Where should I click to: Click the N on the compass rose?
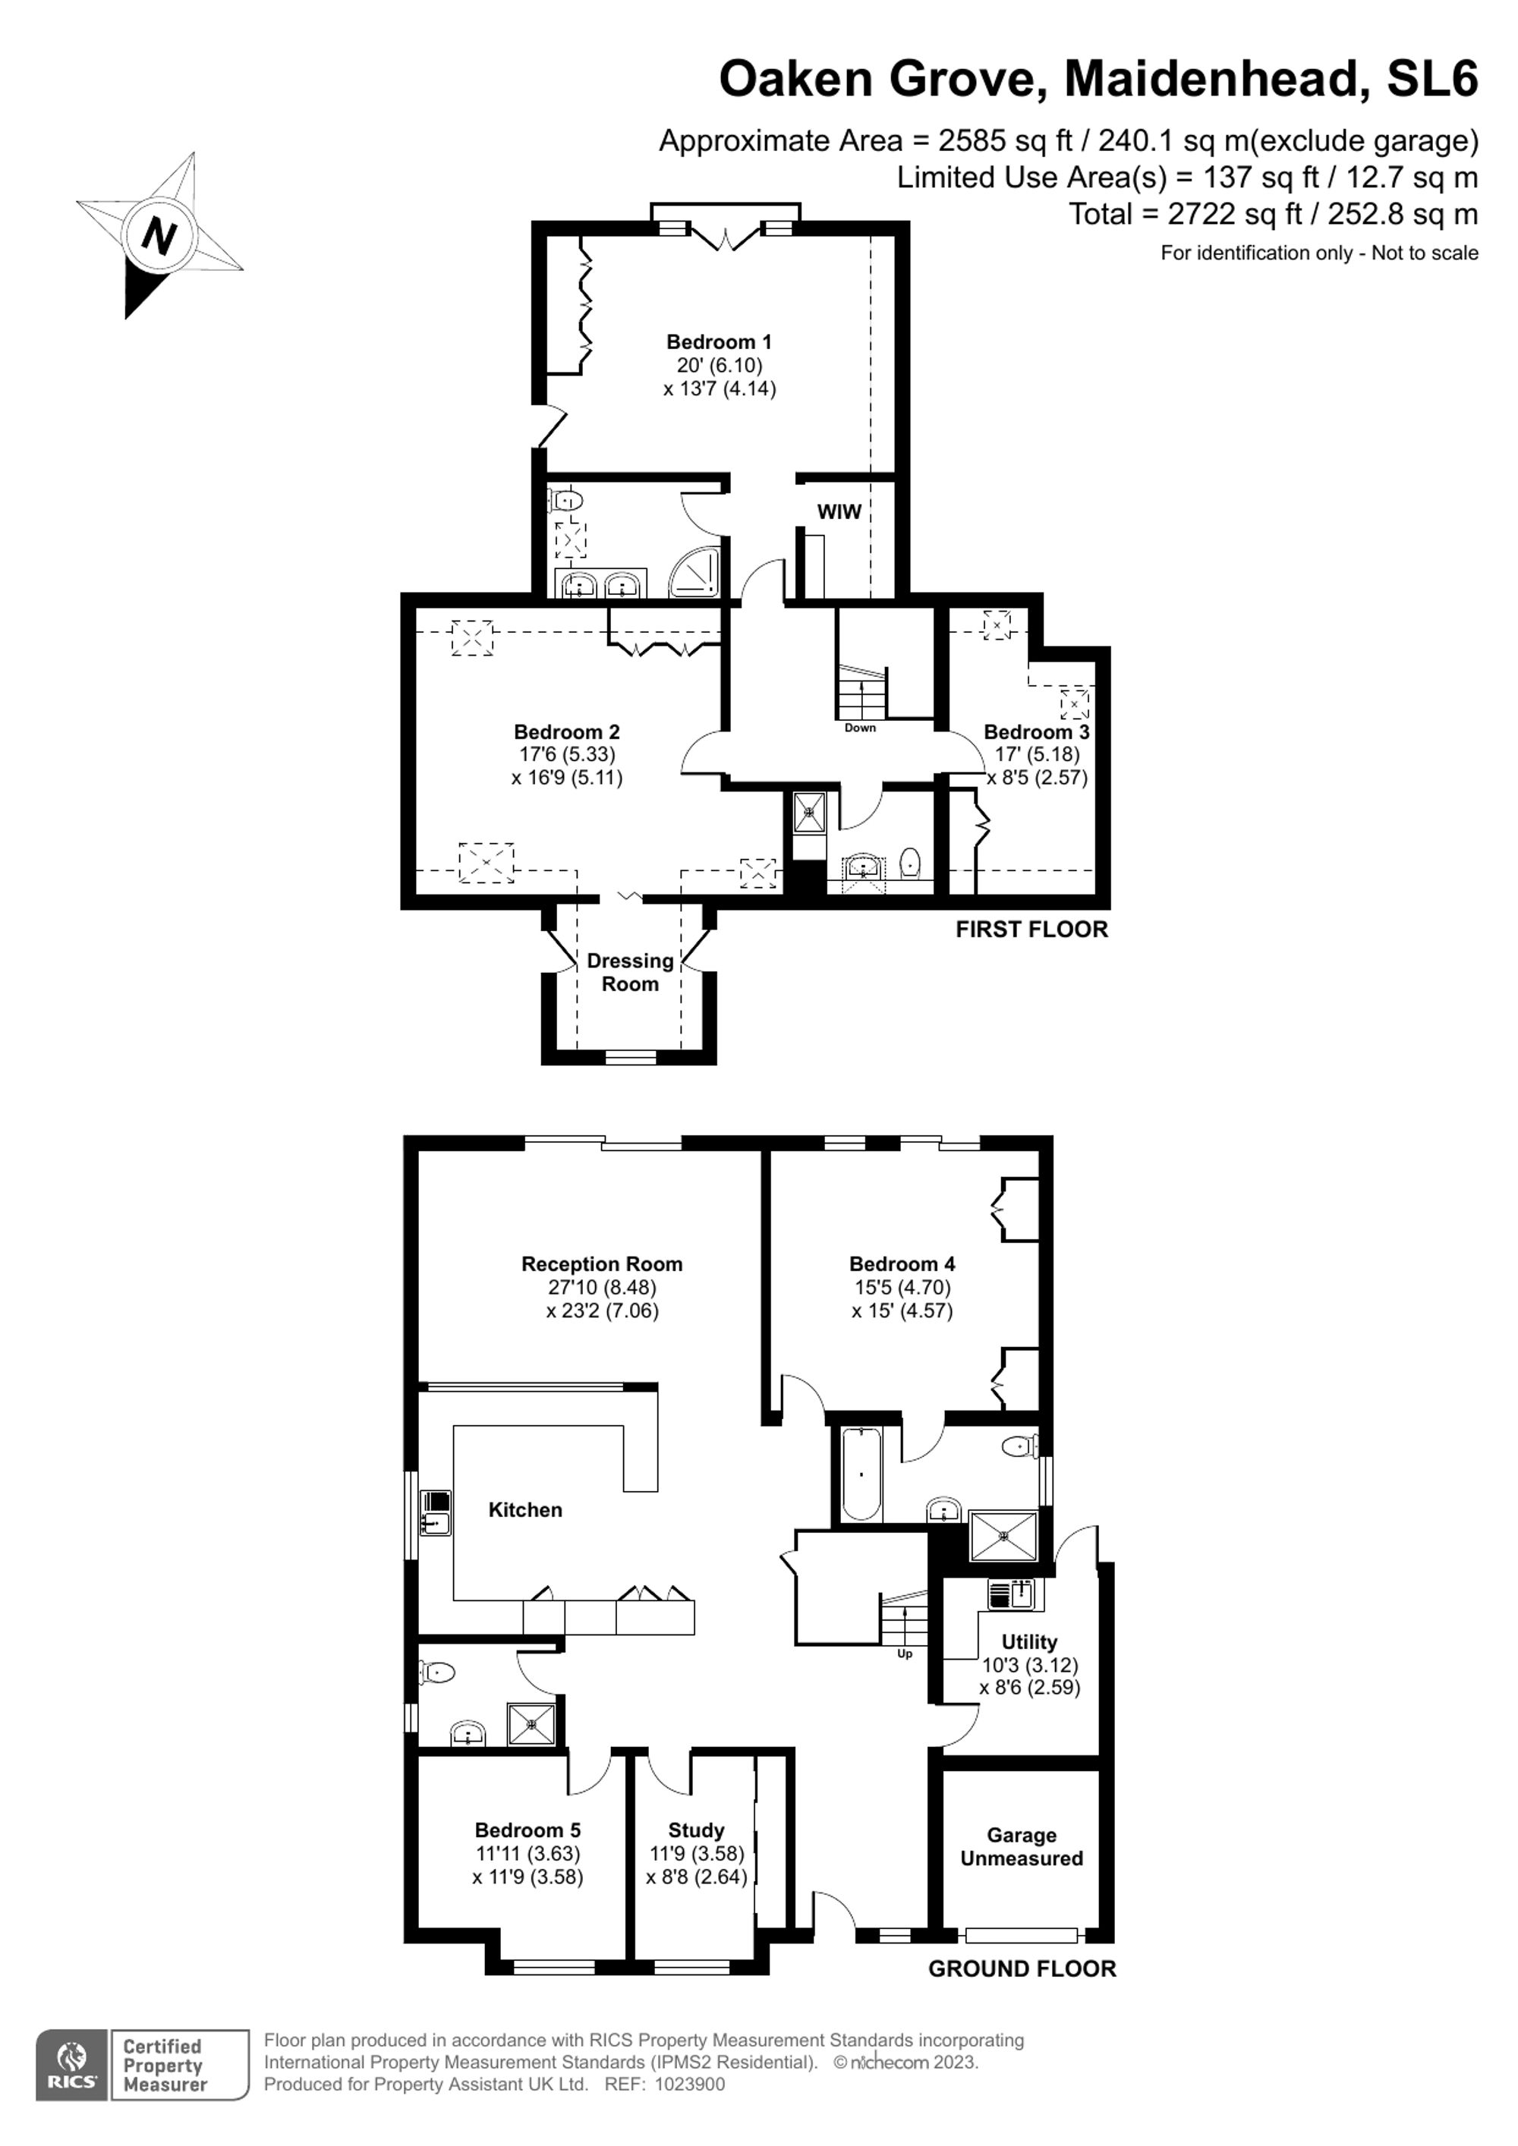pos(159,237)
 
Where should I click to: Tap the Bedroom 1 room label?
pos(719,341)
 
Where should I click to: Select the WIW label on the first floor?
pos(839,511)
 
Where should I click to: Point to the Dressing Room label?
pos(630,972)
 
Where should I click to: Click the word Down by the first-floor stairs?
pos(860,727)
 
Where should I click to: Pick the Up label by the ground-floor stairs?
pos(905,1654)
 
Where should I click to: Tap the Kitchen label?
pos(525,1509)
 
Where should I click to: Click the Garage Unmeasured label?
pos(1022,1847)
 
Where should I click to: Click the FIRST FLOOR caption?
pos(1032,929)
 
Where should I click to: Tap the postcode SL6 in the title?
pos(1432,77)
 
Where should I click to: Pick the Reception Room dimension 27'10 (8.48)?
pos(602,1287)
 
